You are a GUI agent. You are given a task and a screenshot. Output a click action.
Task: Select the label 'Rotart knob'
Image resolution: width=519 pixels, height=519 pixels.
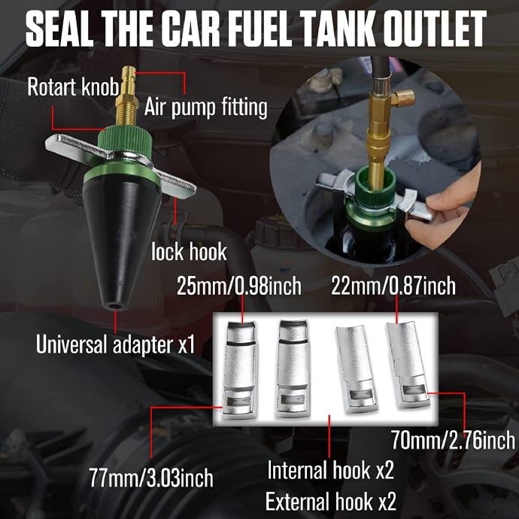coord(73,87)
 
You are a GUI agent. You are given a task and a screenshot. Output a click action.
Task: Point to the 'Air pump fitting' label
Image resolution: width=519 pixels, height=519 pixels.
coord(206,108)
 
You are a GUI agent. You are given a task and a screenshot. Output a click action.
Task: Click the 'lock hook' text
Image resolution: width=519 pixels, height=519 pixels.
coord(189,252)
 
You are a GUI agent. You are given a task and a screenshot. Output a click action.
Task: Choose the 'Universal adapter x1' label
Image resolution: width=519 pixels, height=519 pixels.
coord(116,344)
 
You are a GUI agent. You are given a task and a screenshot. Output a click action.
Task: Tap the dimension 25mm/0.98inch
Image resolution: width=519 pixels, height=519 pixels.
coord(239,286)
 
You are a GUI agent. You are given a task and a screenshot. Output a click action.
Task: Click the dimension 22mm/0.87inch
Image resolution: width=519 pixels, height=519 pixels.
coord(393,286)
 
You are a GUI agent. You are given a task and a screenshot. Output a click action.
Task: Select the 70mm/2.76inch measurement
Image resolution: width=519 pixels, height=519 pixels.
coord(453,440)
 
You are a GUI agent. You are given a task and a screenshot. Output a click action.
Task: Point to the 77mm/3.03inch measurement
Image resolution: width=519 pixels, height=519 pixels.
coord(151,478)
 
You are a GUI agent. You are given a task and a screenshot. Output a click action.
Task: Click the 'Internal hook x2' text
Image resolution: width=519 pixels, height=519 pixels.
coord(331,470)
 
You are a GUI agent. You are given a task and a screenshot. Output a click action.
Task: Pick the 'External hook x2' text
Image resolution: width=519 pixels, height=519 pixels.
coord(331,501)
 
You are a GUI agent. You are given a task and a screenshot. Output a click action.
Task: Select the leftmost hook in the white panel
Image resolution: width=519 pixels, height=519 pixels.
coord(239,370)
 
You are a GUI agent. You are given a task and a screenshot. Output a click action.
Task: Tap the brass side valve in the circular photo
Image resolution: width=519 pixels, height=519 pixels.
coord(403,98)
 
